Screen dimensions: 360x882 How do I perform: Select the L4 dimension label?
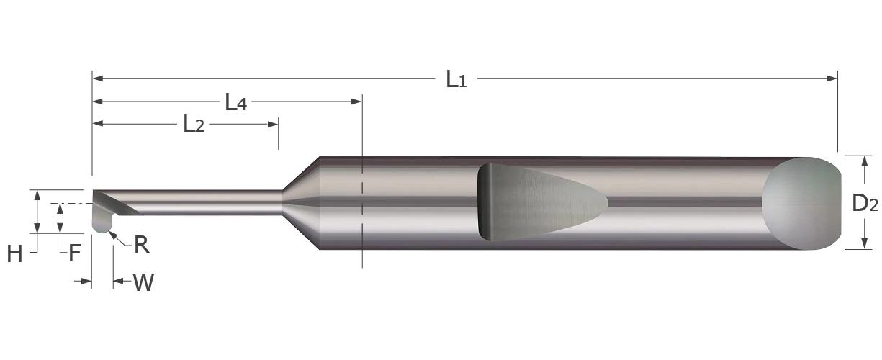click(235, 103)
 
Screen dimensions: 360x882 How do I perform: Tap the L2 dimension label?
click(194, 125)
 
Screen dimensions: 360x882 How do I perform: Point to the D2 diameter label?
click(865, 204)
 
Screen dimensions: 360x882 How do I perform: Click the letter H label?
click(14, 253)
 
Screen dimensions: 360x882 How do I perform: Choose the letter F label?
click(74, 253)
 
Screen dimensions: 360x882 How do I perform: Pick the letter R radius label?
click(142, 245)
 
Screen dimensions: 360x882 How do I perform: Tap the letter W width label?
click(143, 283)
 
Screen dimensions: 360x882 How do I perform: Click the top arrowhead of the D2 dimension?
click(863, 160)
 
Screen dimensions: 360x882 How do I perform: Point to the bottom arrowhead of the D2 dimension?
click(863, 244)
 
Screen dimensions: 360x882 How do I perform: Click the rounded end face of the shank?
click(801, 203)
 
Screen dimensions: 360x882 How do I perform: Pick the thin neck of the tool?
click(209, 202)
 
